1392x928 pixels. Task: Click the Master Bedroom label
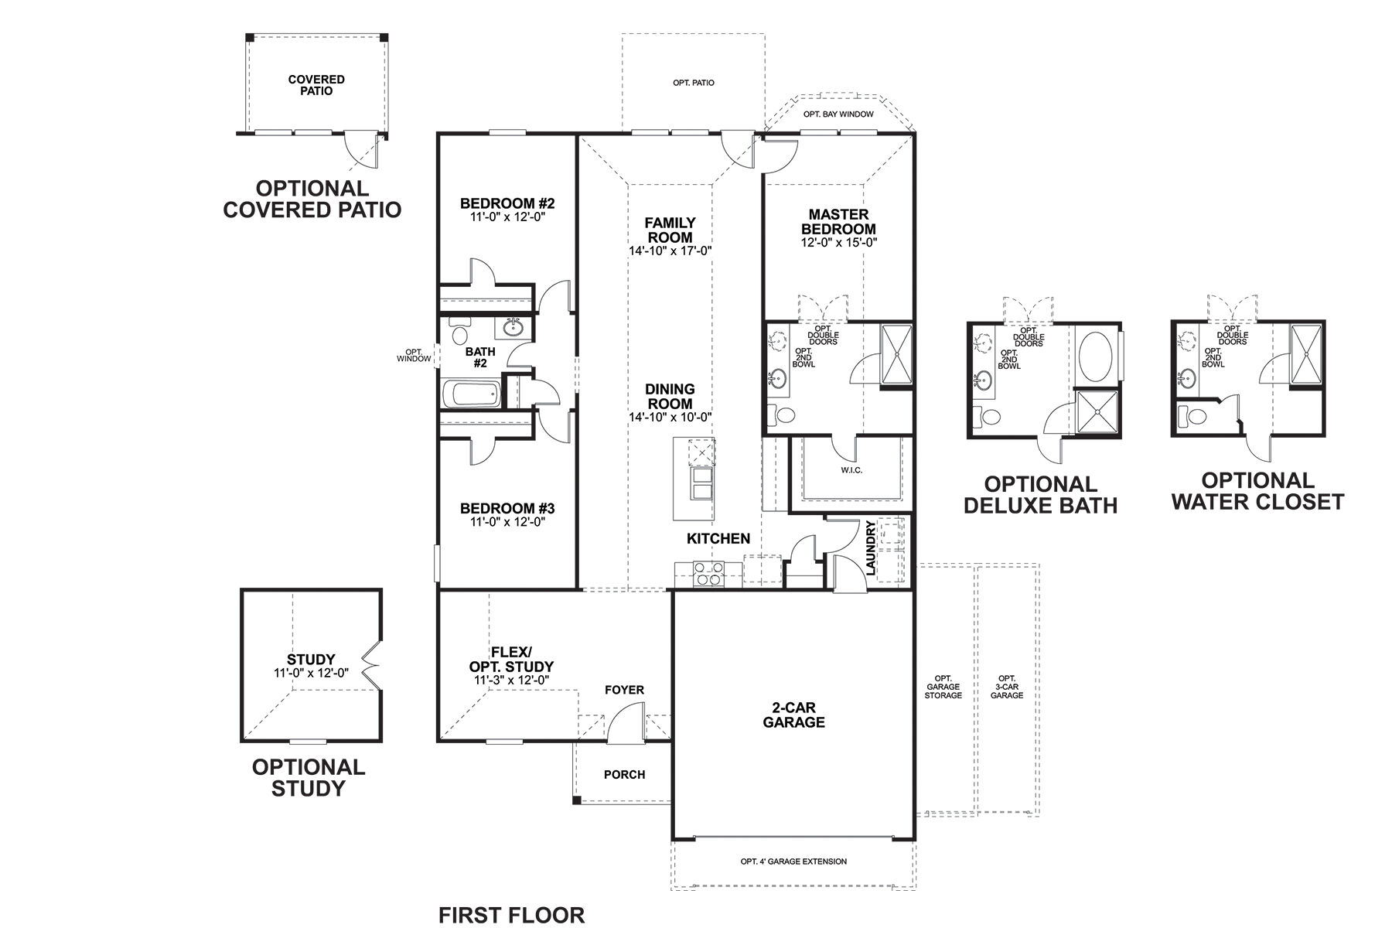tap(838, 222)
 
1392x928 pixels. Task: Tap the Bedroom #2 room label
tap(507, 204)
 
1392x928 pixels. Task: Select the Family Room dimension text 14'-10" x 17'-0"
tap(670, 251)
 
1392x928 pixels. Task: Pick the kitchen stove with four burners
tap(709, 573)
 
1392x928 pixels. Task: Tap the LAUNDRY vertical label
tap(871, 548)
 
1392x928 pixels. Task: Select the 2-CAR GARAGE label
tap(793, 715)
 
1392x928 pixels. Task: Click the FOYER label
tap(624, 690)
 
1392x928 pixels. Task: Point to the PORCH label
tap(624, 774)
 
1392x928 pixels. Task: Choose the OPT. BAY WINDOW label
tap(838, 114)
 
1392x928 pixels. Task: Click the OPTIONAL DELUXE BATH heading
tap(1040, 495)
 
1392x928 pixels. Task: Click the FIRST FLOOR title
tap(512, 916)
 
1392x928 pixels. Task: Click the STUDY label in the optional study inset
tap(311, 660)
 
